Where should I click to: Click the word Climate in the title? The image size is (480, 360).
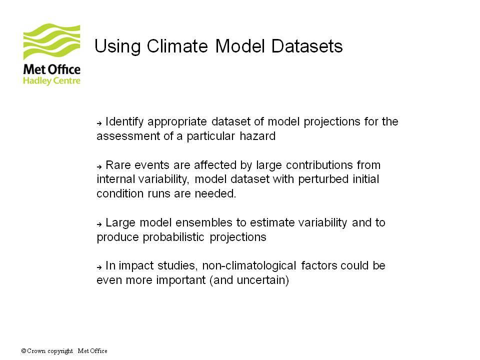177,46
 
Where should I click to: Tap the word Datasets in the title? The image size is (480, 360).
307,46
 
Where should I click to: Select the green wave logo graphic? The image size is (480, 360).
51,41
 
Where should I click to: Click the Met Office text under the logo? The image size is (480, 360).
51,69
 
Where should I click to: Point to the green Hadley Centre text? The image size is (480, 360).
51,81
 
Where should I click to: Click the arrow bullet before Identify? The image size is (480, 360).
99,123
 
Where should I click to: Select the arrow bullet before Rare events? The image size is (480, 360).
99,167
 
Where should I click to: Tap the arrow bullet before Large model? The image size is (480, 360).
99,224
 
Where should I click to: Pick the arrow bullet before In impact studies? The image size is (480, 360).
99,267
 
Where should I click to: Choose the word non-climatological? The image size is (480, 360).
249,265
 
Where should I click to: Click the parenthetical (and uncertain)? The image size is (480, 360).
249,280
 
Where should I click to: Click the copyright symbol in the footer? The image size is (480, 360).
23,351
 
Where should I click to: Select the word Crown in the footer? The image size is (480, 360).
36,351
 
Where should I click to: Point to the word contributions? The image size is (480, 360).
319,165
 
